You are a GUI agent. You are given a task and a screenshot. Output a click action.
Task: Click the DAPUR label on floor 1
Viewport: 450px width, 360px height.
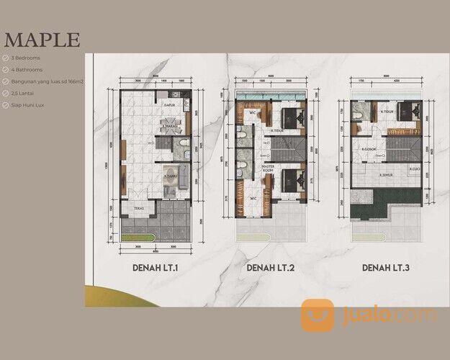[171, 105]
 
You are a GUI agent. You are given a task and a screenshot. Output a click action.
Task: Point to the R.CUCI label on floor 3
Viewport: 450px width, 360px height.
[414, 170]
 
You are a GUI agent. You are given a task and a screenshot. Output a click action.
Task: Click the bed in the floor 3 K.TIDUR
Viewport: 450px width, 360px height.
[405, 111]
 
